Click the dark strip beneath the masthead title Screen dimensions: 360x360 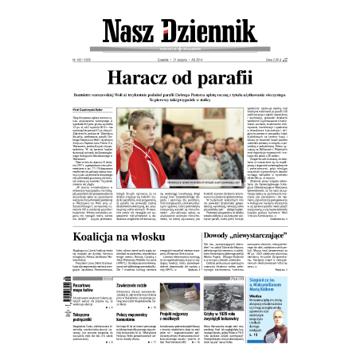[180, 49]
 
